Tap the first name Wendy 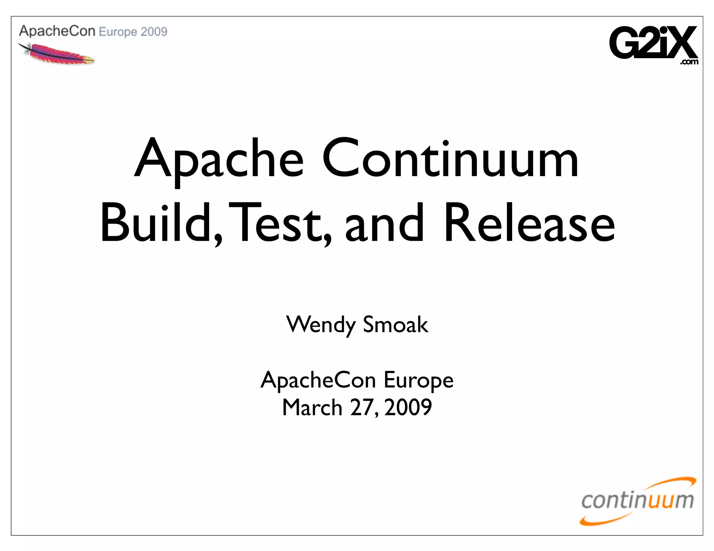coord(321,325)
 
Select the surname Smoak coord(395,325)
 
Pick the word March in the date coord(312,408)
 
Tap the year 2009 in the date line coord(408,408)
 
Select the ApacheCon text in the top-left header coord(57,31)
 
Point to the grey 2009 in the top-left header coord(154,32)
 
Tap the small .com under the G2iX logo coord(689,62)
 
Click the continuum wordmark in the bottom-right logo coord(637,501)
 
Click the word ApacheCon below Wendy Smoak coord(318,380)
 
